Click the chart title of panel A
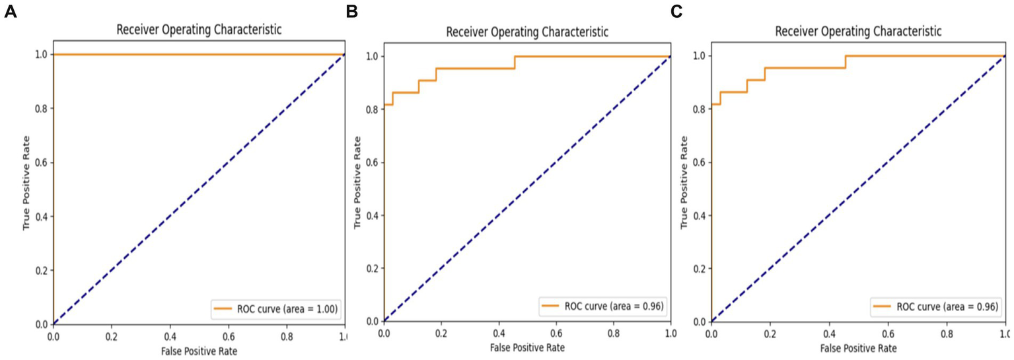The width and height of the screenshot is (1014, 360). pyautogui.click(x=199, y=30)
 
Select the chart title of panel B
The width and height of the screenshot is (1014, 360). pyautogui.click(x=527, y=32)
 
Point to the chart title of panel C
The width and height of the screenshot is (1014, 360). pyautogui.click(x=858, y=31)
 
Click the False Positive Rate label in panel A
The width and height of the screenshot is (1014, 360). pyautogui.click(x=199, y=351)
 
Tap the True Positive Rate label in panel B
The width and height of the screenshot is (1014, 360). pyautogui.click(x=358, y=183)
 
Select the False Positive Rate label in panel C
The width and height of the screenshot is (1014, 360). pyautogui.click(x=858, y=347)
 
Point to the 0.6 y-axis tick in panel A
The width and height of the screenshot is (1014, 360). pyautogui.click(x=40, y=162)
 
